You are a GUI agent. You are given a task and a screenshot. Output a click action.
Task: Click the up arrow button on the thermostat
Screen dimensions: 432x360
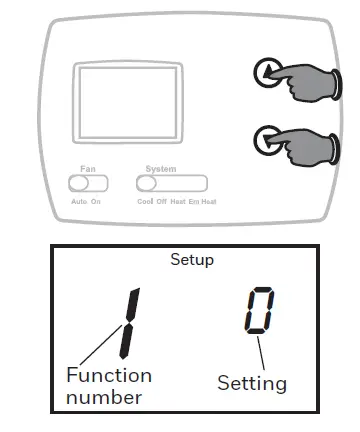[x=265, y=72]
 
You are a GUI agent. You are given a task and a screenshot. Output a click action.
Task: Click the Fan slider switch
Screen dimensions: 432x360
[x=88, y=184]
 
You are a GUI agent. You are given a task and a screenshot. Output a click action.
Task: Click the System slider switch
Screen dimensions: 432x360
[x=172, y=184]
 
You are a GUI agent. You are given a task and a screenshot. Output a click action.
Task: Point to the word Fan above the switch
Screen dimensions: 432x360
[x=88, y=170]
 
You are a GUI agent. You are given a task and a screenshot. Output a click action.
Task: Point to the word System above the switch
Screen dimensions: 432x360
[x=161, y=170]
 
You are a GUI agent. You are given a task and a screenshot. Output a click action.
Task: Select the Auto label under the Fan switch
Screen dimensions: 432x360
[x=78, y=201]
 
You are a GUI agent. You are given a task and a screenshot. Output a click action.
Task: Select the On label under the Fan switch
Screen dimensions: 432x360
[x=97, y=201]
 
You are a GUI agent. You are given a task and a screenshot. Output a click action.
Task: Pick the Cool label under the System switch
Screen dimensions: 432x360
[x=145, y=201]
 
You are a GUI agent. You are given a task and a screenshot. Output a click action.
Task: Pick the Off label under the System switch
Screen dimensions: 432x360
[x=164, y=201]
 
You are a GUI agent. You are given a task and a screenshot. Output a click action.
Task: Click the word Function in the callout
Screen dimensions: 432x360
[x=109, y=376]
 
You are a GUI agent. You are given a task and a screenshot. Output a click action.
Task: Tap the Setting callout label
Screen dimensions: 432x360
[x=252, y=383]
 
